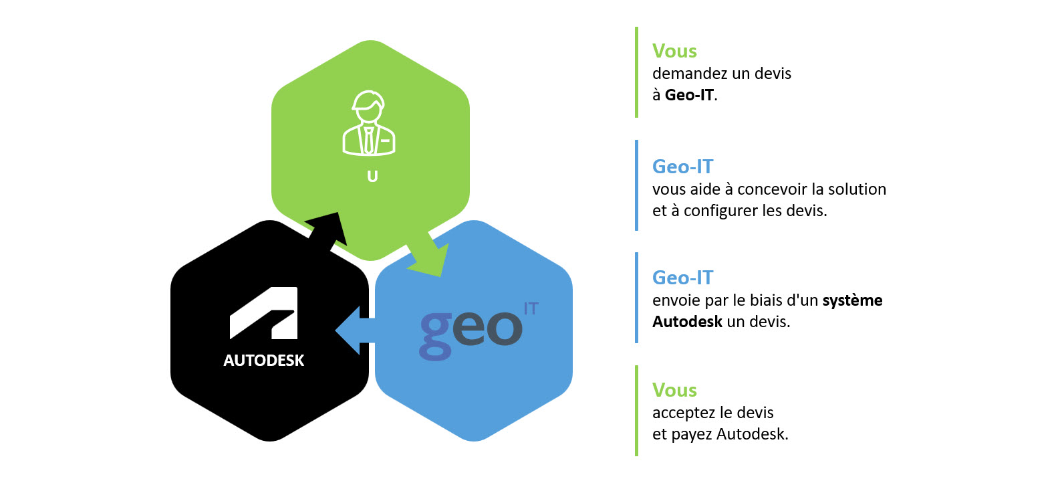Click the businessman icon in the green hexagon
(369, 124)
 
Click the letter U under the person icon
(372, 177)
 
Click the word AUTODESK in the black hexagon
(264, 361)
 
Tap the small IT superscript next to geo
(531, 308)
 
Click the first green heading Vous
(674, 52)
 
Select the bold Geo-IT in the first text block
(689, 95)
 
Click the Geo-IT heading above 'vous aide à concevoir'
(682, 167)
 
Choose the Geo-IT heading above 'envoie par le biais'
(682, 278)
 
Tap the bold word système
(852, 300)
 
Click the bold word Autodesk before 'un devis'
(687, 322)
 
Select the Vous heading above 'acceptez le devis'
(674, 390)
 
